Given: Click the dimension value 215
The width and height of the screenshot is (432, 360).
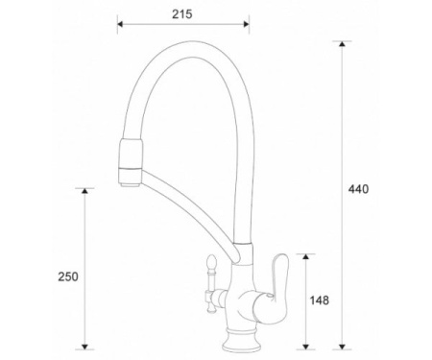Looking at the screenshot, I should pyautogui.click(x=182, y=14).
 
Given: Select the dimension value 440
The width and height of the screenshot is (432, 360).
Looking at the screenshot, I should pyautogui.click(x=358, y=188).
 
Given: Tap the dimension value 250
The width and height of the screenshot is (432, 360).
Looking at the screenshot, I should pyautogui.click(x=67, y=276).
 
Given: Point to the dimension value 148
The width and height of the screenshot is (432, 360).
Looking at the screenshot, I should pyautogui.click(x=320, y=300).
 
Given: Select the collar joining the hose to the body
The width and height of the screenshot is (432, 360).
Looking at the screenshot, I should pyautogui.click(x=244, y=255).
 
